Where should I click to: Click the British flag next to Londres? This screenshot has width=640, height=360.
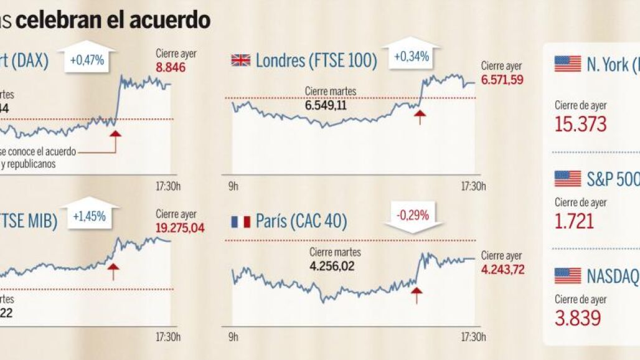pyautogui.click(x=241, y=60)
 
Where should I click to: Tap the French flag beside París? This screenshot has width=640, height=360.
pyautogui.click(x=240, y=222)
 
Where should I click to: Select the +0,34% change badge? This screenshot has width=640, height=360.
pyautogui.click(x=411, y=57)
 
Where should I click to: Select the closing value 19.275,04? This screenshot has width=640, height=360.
pyautogui.click(x=180, y=229)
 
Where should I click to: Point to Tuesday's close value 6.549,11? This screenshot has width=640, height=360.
pyautogui.click(x=326, y=105)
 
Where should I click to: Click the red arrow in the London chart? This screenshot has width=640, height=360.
pyautogui.click(x=421, y=116)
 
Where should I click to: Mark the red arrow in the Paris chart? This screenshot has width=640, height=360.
pyautogui.click(x=416, y=294)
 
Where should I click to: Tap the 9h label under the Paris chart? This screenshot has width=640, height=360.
pyautogui.click(x=233, y=337)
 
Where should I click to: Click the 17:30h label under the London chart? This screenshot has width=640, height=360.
pyautogui.click(x=473, y=186)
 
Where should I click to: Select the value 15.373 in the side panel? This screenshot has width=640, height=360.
pyautogui.click(x=580, y=124)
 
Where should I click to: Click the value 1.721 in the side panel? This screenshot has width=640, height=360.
pyautogui.click(x=574, y=220)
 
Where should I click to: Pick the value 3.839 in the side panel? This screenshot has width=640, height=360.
pyautogui.click(x=578, y=318)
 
